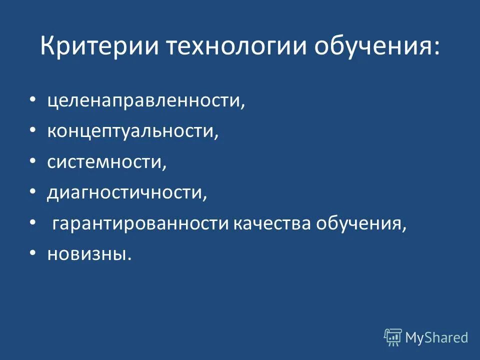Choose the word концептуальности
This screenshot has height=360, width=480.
133,132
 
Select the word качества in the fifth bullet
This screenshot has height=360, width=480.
271,223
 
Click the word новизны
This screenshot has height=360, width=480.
90,254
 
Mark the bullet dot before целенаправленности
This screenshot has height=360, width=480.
32,100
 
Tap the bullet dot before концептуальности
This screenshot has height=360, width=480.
32,131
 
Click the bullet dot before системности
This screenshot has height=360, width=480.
32,161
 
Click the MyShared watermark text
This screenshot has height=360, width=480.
436,337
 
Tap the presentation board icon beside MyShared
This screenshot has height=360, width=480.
393,337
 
